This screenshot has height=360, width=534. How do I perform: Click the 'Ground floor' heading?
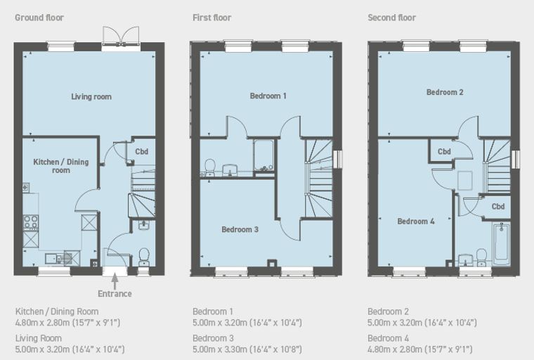pos(39,18)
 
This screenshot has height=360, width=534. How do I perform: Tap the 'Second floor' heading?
pos(391,18)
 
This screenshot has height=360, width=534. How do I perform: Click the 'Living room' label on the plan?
pos(91,97)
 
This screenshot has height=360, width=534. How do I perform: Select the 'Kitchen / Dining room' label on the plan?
pos(61,166)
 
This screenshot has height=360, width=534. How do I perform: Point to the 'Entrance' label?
pos(115,294)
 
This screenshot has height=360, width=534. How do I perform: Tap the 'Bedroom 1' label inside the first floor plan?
pos(268,96)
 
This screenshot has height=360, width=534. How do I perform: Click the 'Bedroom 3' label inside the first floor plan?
pos(240,230)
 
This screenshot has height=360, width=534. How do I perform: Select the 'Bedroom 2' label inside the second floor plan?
pos(445,92)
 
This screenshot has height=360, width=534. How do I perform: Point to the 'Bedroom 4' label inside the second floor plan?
pos(416,221)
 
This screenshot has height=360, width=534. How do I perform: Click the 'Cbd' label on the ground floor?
pos(142,152)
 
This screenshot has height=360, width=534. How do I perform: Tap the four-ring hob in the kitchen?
pos(31,222)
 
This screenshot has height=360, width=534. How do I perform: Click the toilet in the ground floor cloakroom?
pos(144,257)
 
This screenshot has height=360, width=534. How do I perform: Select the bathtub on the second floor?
pos(501,244)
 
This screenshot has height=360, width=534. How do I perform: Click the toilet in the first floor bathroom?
pos(210,168)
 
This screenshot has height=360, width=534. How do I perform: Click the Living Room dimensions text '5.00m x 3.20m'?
pos(43,349)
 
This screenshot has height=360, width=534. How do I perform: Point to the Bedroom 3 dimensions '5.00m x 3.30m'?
pos(220,349)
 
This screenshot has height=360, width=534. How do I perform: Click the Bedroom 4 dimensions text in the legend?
pos(420,349)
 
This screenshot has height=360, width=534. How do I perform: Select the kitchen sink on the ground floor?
pos(56,259)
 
